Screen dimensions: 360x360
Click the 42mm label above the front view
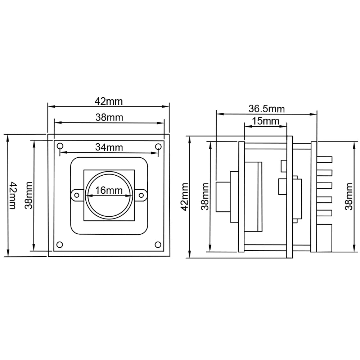pyautogui.click(x=109, y=101)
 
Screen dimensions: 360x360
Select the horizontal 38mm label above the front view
pyautogui.click(x=109, y=117)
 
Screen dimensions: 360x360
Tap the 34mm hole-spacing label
pyautogui.click(x=109, y=147)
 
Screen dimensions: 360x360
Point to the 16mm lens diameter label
pyautogui.click(x=109, y=190)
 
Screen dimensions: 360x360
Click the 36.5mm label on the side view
pyautogui.click(x=266, y=109)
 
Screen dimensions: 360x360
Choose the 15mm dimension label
pyautogui.click(x=266, y=121)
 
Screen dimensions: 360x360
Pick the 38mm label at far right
pyautogui.click(x=349, y=196)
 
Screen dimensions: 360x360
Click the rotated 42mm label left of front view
pyautogui.click(x=12, y=195)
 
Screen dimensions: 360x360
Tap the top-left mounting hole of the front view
pyautogui.click(x=60, y=146)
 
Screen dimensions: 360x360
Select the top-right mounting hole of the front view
pyautogui.click(x=158, y=146)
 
